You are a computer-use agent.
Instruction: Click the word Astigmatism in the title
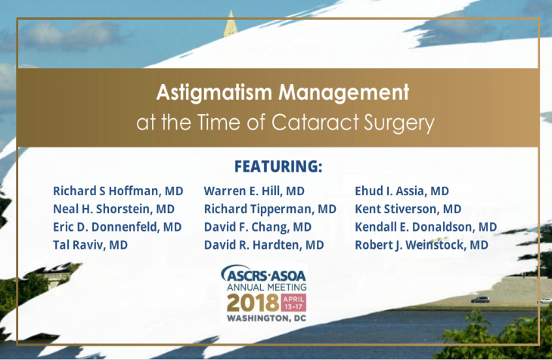(x=214, y=93)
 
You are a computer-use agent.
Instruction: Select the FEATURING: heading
(x=278, y=166)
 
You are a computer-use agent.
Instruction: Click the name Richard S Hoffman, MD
(x=118, y=191)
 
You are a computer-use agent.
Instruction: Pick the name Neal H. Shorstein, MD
(x=113, y=209)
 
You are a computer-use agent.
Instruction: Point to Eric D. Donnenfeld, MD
(x=117, y=227)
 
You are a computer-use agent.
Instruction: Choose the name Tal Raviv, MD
(x=90, y=245)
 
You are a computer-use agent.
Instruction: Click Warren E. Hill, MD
(x=254, y=191)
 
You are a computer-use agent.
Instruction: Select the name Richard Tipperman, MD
(x=270, y=209)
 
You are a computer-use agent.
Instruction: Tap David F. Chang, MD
(x=258, y=227)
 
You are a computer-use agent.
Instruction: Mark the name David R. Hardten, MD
(x=264, y=245)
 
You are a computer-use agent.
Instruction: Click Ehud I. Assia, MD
(x=402, y=191)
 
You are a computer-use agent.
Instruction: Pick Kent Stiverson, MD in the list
(x=408, y=209)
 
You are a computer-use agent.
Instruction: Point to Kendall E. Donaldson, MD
(x=426, y=227)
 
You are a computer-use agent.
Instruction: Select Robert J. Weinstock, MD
(x=421, y=245)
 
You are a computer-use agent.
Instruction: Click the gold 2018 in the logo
(x=253, y=303)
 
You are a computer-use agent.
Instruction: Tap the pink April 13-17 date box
(x=293, y=303)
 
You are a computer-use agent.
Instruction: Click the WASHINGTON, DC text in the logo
(x=266, y=318)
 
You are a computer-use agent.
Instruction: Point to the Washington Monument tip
(x=231, y=11)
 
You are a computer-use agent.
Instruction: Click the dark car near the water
(x=480, y=299)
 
